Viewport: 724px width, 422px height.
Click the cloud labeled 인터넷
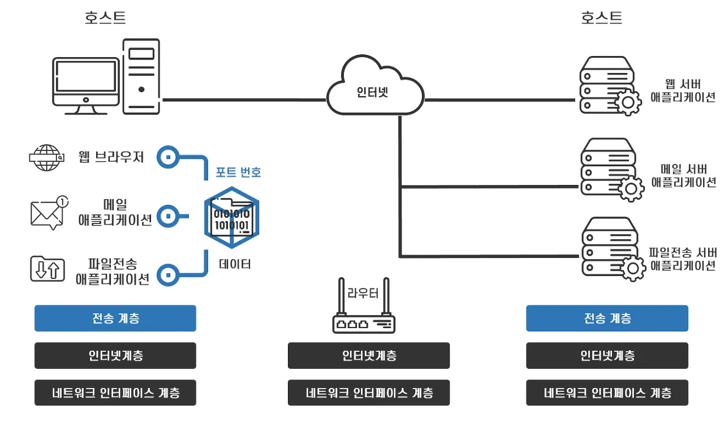click(374, 90)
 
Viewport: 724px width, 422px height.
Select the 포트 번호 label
click(238, 172)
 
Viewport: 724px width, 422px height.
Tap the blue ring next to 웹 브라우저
click(167, 157)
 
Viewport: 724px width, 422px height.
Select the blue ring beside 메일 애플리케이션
click(167, 216)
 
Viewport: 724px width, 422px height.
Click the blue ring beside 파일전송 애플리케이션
click(167, 275)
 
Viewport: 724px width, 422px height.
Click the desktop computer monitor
click(85, 83)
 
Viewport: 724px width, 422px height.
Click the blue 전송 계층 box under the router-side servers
click(607, 318)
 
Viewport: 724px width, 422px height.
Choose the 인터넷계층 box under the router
click(369, 356)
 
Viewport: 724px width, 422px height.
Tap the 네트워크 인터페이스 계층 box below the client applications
click(115, 393)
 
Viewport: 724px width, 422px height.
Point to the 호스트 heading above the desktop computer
click(105, 18)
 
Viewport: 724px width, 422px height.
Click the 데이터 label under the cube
click(235, 264)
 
